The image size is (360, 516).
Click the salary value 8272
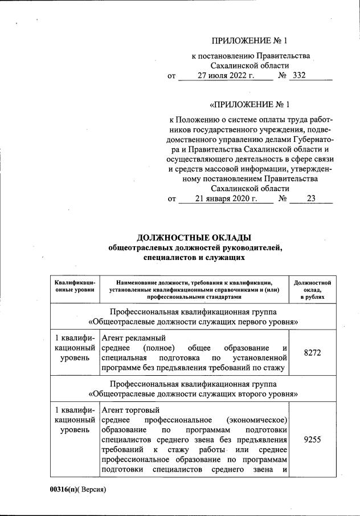[x=313, y=353]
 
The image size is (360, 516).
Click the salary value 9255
[x=313, y=440]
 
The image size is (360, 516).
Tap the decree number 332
[x=298, y=75]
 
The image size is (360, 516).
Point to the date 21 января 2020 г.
[x=226, y=198]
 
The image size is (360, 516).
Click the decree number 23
[x=310, y=198]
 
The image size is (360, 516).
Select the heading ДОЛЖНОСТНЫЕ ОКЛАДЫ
[x=194, y=237]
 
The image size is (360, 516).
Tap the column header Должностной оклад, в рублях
[x=313, y=290]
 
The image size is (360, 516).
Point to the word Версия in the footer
[x=93, y=489]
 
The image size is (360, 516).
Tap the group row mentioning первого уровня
[x=194, y=322]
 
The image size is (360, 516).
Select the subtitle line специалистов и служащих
[x=194, y=257]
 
